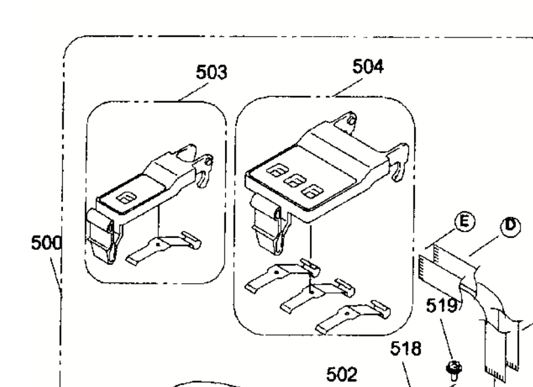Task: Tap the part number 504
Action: click(x=368, y=66)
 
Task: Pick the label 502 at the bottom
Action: click(x=343, y=374)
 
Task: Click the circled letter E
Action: click(x=463, y=223)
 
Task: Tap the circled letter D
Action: click(x=510, y=227)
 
